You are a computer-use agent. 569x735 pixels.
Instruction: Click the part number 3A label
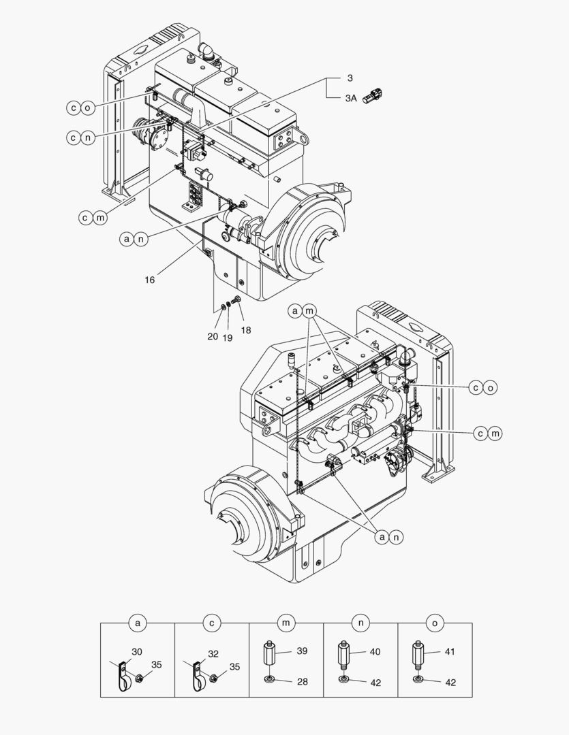click(x=351, y=98)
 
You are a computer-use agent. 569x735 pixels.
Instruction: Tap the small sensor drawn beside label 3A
click(x=373, y=95)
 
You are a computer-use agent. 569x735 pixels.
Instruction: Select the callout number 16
click(x=149, y=280)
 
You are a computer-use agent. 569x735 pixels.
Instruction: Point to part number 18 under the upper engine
click(x=245, y=330)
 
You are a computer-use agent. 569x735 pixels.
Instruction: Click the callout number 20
click(x=213, y=336)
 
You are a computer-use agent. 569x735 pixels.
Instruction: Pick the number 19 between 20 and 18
click(x=227, y=338)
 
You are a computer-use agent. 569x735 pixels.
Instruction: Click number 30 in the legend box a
click(x=136, y=651)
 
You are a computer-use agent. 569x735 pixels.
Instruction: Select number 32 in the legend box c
click(x=213, y=654)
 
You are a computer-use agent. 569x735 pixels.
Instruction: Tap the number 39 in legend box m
click(x=302, y=651)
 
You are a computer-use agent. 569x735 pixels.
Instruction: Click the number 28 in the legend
click(x=303, y=681)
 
